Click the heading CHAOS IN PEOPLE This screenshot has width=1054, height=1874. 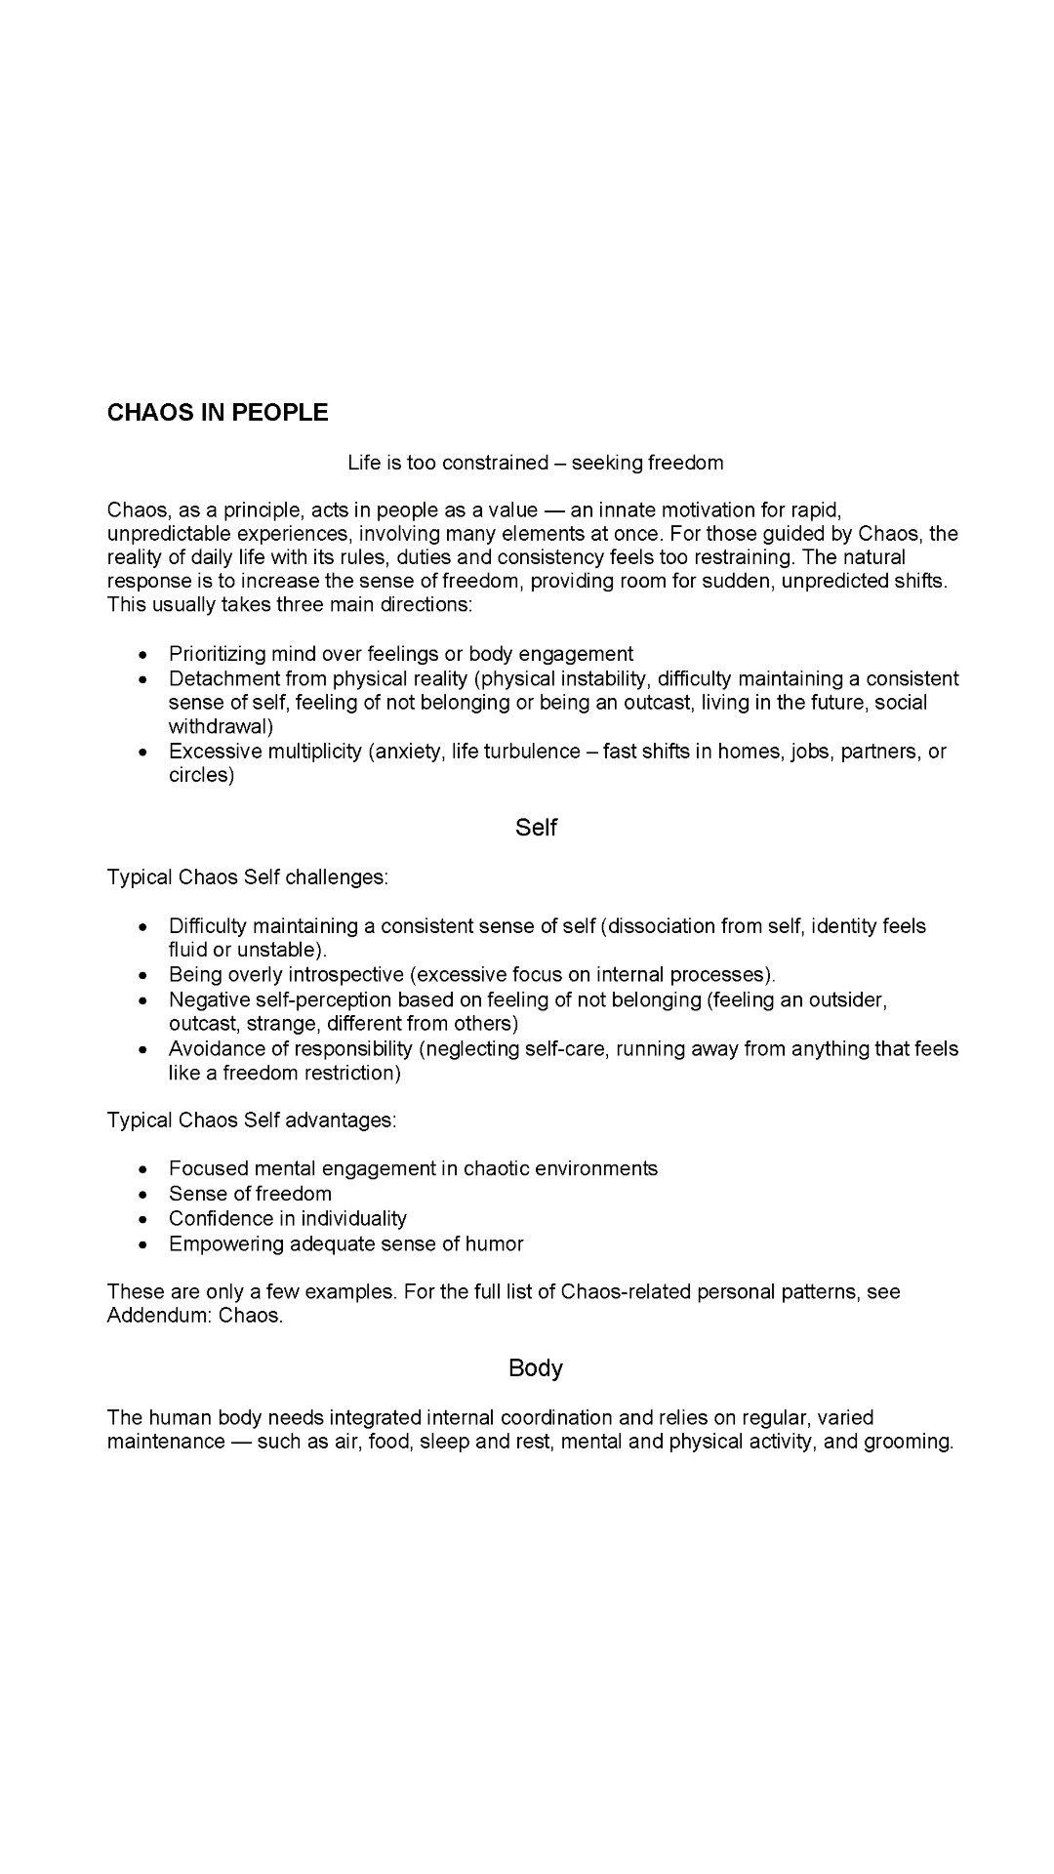tap(218, 413)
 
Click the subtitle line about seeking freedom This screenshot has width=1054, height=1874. tap(536, 463)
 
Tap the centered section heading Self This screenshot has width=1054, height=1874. tap(536, 828)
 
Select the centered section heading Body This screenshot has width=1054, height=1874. tap(536, 1368)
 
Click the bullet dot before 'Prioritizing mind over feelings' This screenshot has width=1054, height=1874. tap(143, 655)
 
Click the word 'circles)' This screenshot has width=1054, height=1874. tap(201, 776)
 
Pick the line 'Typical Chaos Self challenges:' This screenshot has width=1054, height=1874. tap(248, 877)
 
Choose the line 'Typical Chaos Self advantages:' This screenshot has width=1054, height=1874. tap(252, 1120)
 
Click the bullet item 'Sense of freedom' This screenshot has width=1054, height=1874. tap(250, 1194)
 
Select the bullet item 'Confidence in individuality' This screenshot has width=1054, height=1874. tap(287, 1219)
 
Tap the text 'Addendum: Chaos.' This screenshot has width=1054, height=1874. tap(195, 1316)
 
